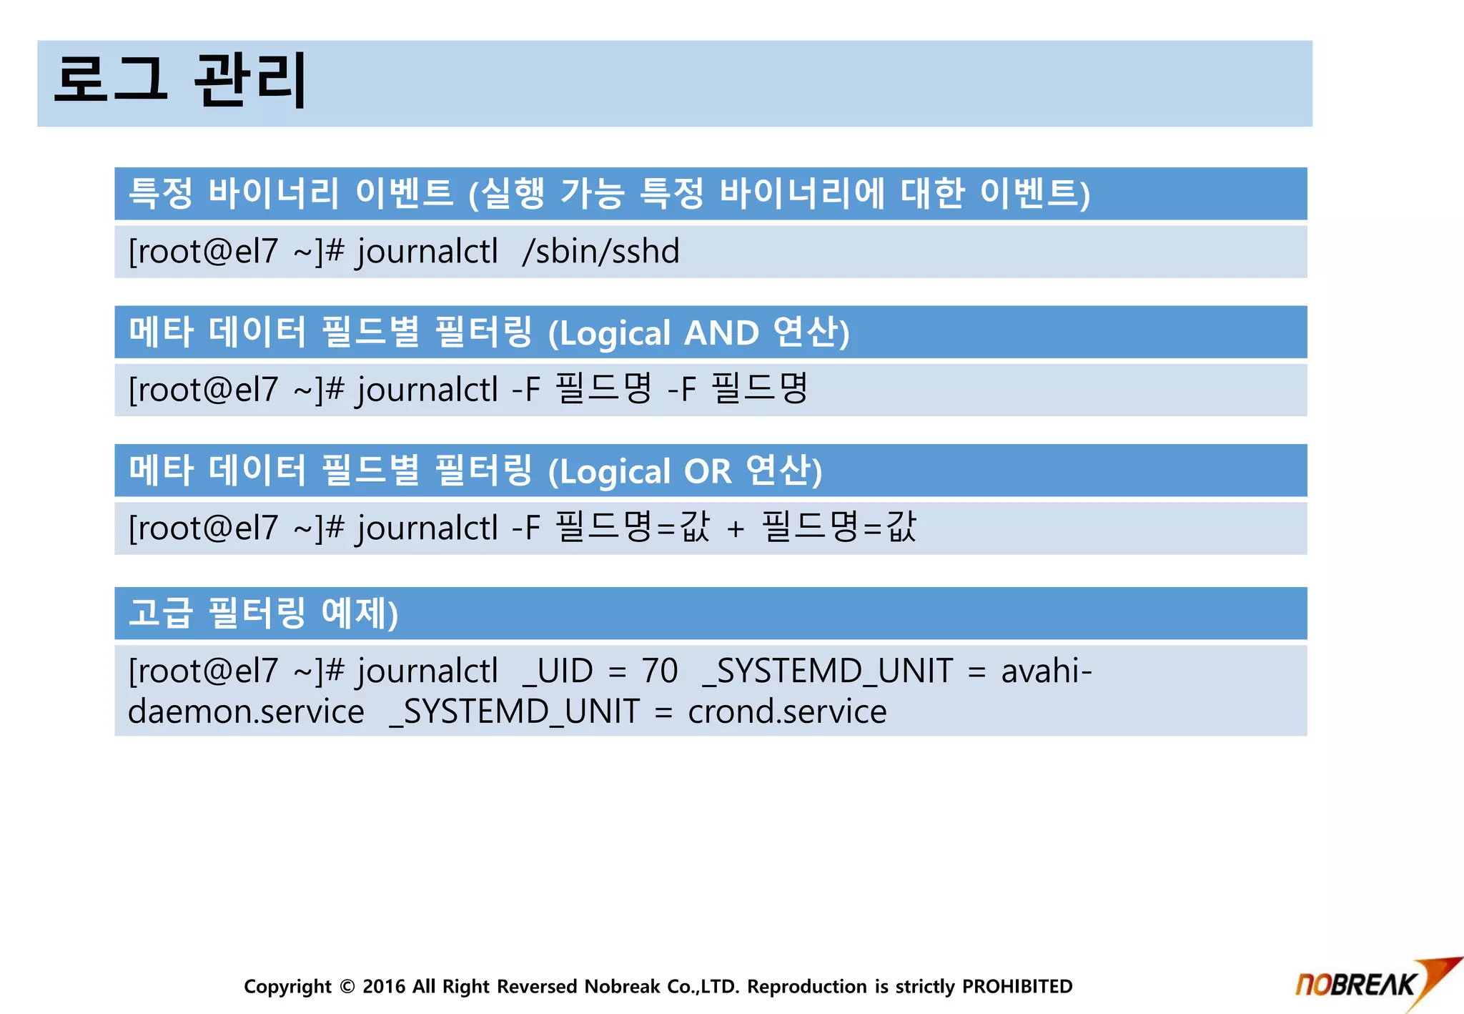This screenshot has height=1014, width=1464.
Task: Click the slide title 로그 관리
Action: click(180, 80)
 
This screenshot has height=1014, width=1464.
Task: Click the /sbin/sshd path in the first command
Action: click(600, 252)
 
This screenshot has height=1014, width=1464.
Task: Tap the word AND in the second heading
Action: click(721, 333)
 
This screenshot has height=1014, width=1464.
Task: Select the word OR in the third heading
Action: click(708, 472)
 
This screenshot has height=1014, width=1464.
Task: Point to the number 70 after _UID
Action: click(659, 671)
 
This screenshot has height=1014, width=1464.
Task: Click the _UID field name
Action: click(558, 671)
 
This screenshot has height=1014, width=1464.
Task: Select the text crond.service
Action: click(787, 712)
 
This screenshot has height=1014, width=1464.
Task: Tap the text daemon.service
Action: click(246, 712)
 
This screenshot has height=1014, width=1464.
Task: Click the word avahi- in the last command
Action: click(1046, 671)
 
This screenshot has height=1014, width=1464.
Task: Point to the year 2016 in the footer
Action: click(384, 987)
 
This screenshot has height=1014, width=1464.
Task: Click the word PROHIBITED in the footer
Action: click(1017, 987)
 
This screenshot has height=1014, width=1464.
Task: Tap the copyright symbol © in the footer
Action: click(347, 987)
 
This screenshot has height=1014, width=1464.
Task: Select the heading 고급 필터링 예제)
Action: click(263, 614)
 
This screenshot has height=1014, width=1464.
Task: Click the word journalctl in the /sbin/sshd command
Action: click(427, 252)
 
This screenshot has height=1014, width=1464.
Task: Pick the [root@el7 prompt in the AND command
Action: click(202, 390)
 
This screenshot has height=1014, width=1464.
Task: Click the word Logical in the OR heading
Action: click(609, 472)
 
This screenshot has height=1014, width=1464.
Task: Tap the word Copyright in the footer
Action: click(287, 987)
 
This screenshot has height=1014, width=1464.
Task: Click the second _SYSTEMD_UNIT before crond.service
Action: click(514, 712)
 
